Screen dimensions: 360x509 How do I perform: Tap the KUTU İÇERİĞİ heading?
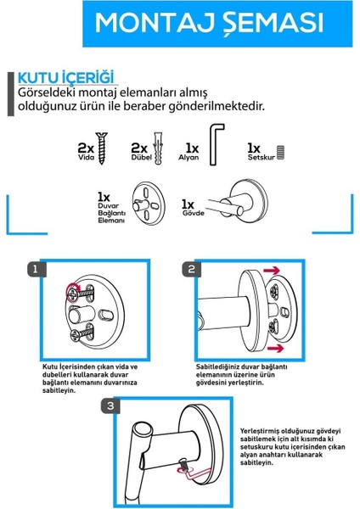click(x=66, y=77)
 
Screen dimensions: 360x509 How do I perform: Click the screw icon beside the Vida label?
click(x=102, y=148)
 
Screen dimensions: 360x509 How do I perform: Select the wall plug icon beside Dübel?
click(x=158, y=148)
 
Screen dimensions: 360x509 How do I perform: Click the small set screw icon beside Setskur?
click(x=280, y=152)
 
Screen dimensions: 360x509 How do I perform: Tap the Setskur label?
click(x=262, y=158)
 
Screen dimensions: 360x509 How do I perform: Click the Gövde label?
click(x=194, y=213)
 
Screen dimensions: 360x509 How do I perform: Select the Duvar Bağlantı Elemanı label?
click(x=112, y=213)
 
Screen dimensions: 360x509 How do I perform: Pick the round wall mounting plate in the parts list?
click(x=149, y=204)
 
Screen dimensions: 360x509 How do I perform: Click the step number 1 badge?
click(x=36, y=269)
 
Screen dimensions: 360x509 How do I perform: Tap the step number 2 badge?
click(x=191, y=269)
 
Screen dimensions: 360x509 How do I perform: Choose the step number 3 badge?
click(x=110, y=406)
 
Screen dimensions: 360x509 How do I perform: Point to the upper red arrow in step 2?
click(x=272, y=270)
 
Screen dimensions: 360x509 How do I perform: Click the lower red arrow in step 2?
click(x=275, y=349)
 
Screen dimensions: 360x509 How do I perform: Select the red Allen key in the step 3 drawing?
click(x=195, y=473)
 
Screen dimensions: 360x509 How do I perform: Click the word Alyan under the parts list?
click(x=188, y=158)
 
